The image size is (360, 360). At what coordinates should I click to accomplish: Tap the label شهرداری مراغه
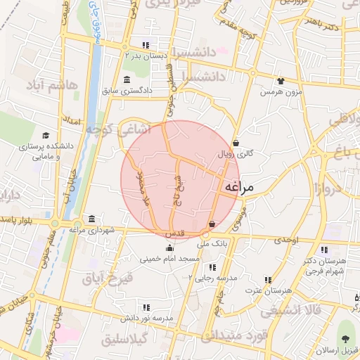[86, 229]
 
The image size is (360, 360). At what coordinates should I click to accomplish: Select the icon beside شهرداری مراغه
[91, 218]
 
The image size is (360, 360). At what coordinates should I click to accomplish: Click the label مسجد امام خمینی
[172, 259]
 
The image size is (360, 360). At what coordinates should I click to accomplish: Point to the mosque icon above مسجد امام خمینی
[169, 247]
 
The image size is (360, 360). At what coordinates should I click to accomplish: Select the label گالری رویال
[236, 153]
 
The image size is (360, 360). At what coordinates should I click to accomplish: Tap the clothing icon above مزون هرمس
[281, 81]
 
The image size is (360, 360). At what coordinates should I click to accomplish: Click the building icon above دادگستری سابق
[126, 79]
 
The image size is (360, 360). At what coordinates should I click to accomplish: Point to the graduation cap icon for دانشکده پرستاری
[46, 136]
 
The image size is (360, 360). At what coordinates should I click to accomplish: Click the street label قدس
[174, 232]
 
